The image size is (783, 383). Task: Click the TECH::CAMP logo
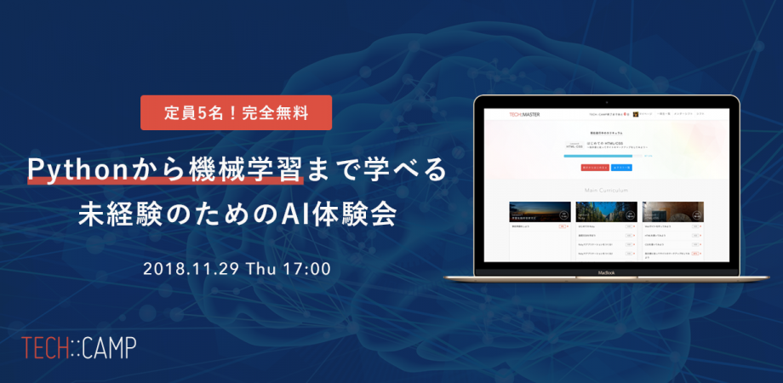[79, 347]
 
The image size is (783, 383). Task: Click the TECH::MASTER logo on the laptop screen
[524, 114]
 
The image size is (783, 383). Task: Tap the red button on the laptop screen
[589, 169]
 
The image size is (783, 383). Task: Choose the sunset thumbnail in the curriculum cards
[540, 212]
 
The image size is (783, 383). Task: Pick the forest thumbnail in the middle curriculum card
[607, 212]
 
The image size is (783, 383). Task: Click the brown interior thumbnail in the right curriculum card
[673, 212]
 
